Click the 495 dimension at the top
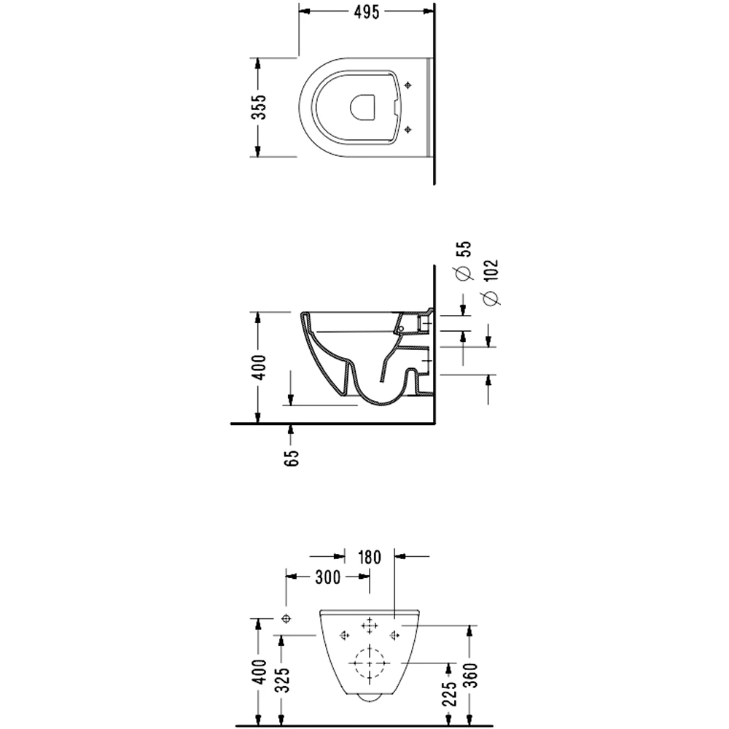(367, 12)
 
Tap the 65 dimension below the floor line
(292, 458)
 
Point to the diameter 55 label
(464, 249)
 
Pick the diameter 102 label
(491, 270)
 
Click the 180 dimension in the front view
(370, 557)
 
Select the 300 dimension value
(328, 577)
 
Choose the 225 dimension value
(450, 694)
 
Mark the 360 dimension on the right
(472, 675)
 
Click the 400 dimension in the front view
(260, 671)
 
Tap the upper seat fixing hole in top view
(408, 85)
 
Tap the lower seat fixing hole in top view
(408, 129)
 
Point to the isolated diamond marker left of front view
(286, 618)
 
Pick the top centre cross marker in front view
(370, 625)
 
